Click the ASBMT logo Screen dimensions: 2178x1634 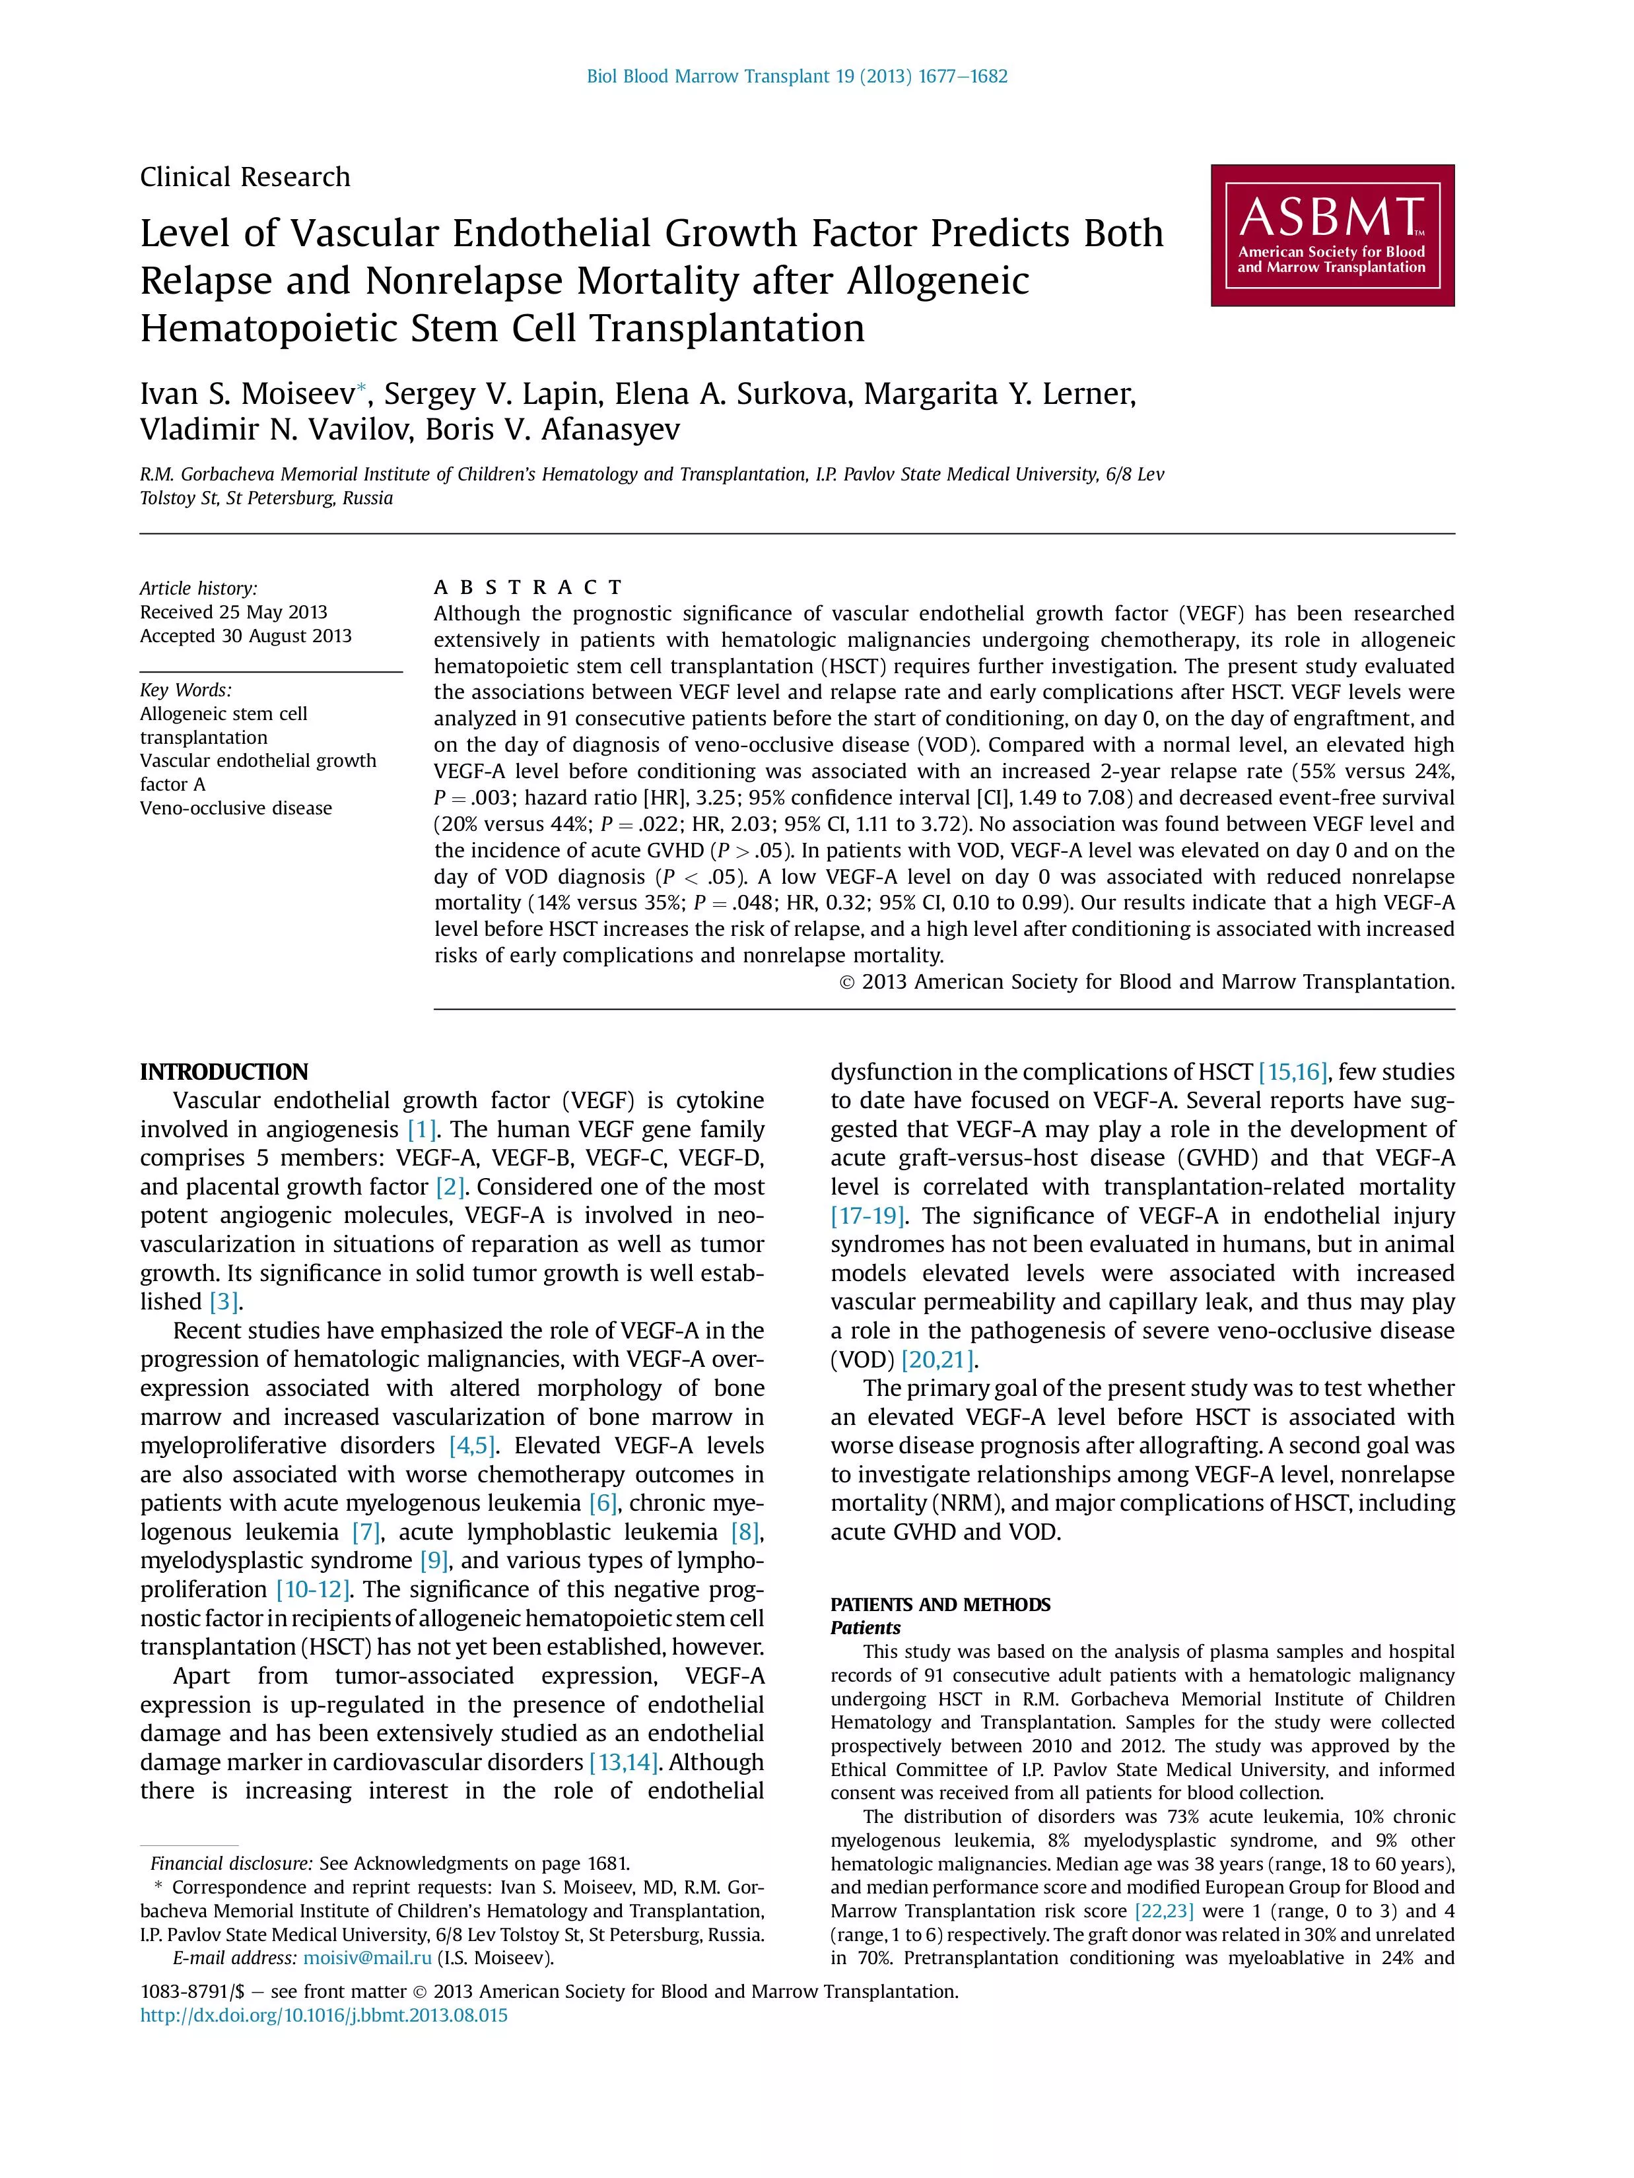pyautogui.click(x=1332, y=236)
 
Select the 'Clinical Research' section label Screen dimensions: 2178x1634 pyautogui.click(x=245, y=178)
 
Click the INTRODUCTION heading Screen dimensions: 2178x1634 pyautogui.click(x=224, y=1072)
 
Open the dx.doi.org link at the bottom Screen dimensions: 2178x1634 pyautogui.click(x=324, y=2016)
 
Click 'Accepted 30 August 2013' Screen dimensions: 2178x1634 pyautogui.click(x=245, y=636)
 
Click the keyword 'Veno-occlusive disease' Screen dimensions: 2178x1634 pyautogui.click(x=236, y=808)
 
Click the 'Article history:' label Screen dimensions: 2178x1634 pyautogui.click(x=198, y=589)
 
